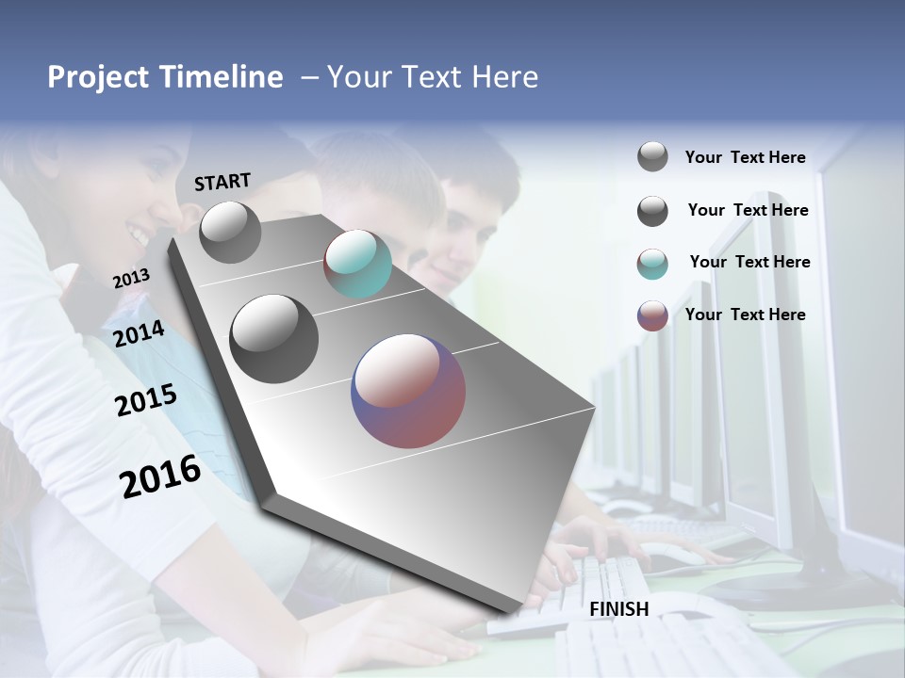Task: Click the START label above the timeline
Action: (x=222, y=182)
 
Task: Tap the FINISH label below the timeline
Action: (x=619, y=609)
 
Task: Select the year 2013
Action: (x=131, y=279)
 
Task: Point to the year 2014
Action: (x=140, y=334)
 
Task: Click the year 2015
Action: (x=146, y=401)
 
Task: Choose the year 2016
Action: (x=160, y=476)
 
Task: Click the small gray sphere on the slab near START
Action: (x=231, y=232)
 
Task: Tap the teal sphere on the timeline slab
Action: (x=357, y=264)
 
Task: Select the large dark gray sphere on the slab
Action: (x=274, y=339)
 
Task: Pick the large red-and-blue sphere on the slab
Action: (x=408, y=391)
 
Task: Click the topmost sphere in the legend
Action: (x=652, y=156)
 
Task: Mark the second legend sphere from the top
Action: (x=652, y=211)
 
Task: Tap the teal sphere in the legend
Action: (x=652, y=264)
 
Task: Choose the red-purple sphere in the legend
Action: (x=652, y=315)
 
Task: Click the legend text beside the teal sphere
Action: (x=749, y=262)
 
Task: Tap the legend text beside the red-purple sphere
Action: (x=745, y=315)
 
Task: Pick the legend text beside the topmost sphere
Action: (x=745, y=157)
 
